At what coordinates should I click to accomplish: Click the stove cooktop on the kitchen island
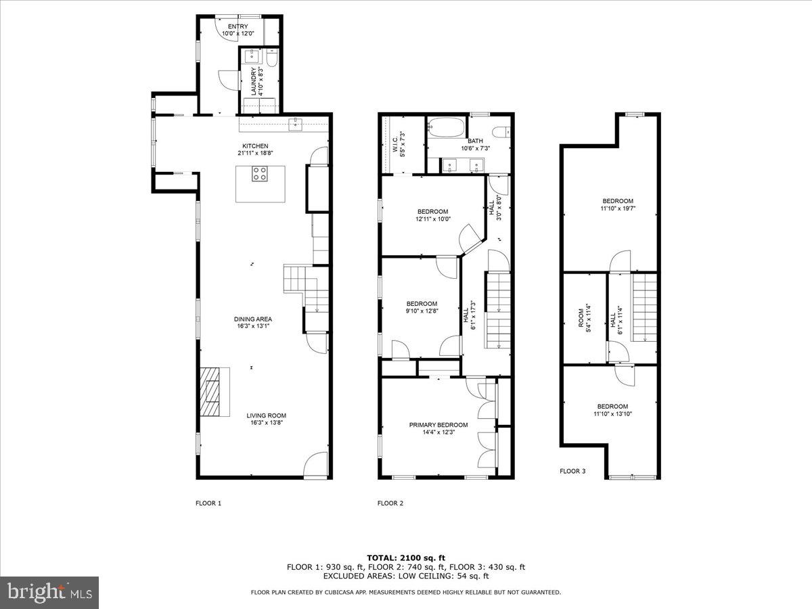[260, 173]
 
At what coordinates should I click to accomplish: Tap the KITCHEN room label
[256, 146]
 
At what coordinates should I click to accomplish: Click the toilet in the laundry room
[271, 60]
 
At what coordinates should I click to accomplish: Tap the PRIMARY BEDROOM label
[438, 425]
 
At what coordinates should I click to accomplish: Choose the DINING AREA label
[253, 319]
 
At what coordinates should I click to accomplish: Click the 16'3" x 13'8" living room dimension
[266, 423]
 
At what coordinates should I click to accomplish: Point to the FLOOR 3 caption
[572, 471]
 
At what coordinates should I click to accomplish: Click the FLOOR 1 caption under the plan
[208, 503]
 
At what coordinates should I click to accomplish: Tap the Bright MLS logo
[50, 593]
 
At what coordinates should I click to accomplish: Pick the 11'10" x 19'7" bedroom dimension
[618, 208]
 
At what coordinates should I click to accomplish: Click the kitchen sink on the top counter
[296, 123]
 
